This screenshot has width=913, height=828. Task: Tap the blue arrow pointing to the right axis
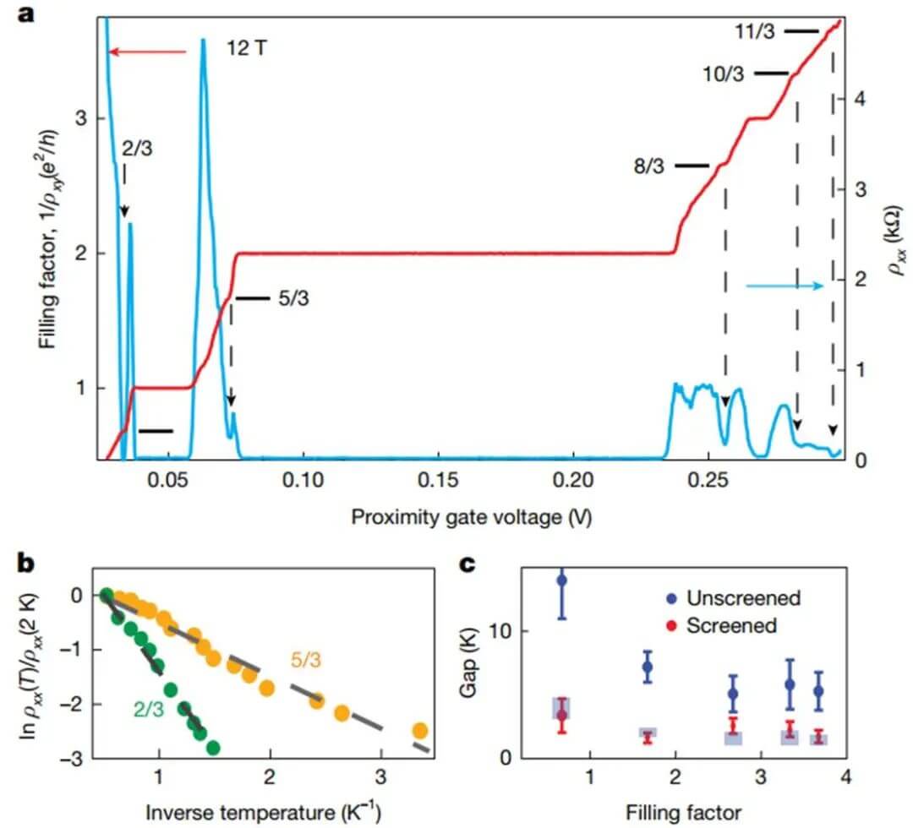785,286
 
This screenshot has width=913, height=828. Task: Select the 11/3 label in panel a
756,32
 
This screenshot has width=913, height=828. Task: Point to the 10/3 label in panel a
724,74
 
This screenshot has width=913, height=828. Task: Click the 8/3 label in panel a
651,166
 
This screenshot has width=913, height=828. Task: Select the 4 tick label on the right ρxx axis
861,99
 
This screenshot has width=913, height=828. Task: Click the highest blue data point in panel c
561,580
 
